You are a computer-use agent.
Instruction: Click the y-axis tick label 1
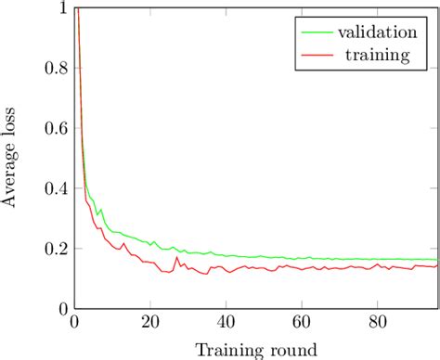click(x=61, y=8)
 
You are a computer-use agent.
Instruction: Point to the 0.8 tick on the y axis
click(x=54, y=69)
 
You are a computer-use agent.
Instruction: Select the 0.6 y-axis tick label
click(x=54, y=129)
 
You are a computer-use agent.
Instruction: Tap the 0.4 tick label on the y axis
click(x=54, y=189)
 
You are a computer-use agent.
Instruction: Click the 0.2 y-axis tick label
click(x=54, y=250)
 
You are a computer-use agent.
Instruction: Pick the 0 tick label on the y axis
click(x=61, y=310)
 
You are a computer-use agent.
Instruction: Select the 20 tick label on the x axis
click(x=149, y=323)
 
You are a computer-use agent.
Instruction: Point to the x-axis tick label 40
click(x=226, y=323)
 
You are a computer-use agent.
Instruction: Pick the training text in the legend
click(x=376, y=56)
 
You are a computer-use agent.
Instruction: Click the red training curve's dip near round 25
click(x=168, y=272)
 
